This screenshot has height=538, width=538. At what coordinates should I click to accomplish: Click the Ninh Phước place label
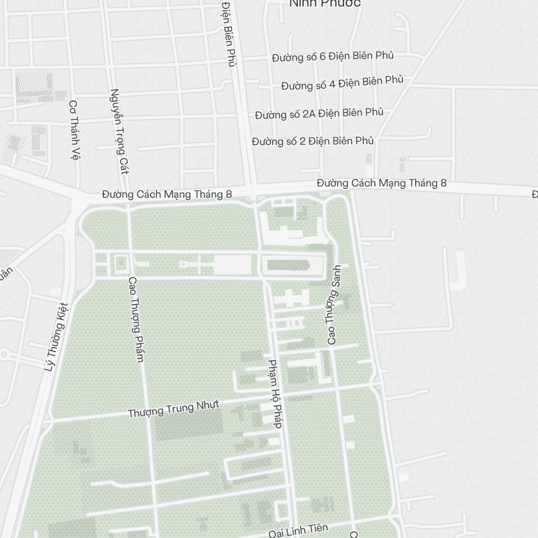[x=325, y=4]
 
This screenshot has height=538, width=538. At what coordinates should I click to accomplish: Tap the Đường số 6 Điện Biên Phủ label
[x=332, y=56]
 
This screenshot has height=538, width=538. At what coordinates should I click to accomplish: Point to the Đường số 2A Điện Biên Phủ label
[x=319, y=114]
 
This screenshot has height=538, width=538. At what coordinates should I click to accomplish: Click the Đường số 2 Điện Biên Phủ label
[x=313, y=141]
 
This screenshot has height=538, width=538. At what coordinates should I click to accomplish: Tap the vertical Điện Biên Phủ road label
[x=229, y=32]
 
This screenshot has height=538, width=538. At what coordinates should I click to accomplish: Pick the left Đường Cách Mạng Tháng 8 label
[x=167, y=194]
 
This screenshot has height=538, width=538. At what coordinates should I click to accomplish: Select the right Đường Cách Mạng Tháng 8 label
[x=381, y=183]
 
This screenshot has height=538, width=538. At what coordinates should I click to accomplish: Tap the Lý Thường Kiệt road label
[x=57, y=337]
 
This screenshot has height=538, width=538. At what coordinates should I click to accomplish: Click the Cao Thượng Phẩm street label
[x=136, y=319]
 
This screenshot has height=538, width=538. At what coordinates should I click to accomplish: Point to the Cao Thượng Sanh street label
[x=334, y=305]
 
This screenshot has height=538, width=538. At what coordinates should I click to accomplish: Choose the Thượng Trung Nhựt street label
[x=174, y=409]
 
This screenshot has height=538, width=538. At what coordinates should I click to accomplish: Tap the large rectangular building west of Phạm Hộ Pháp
[x=232, y=265]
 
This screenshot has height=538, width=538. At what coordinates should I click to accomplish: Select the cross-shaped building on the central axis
[x=197, y=265]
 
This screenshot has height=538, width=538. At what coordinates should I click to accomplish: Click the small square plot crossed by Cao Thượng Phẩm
[x=121, y=264]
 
